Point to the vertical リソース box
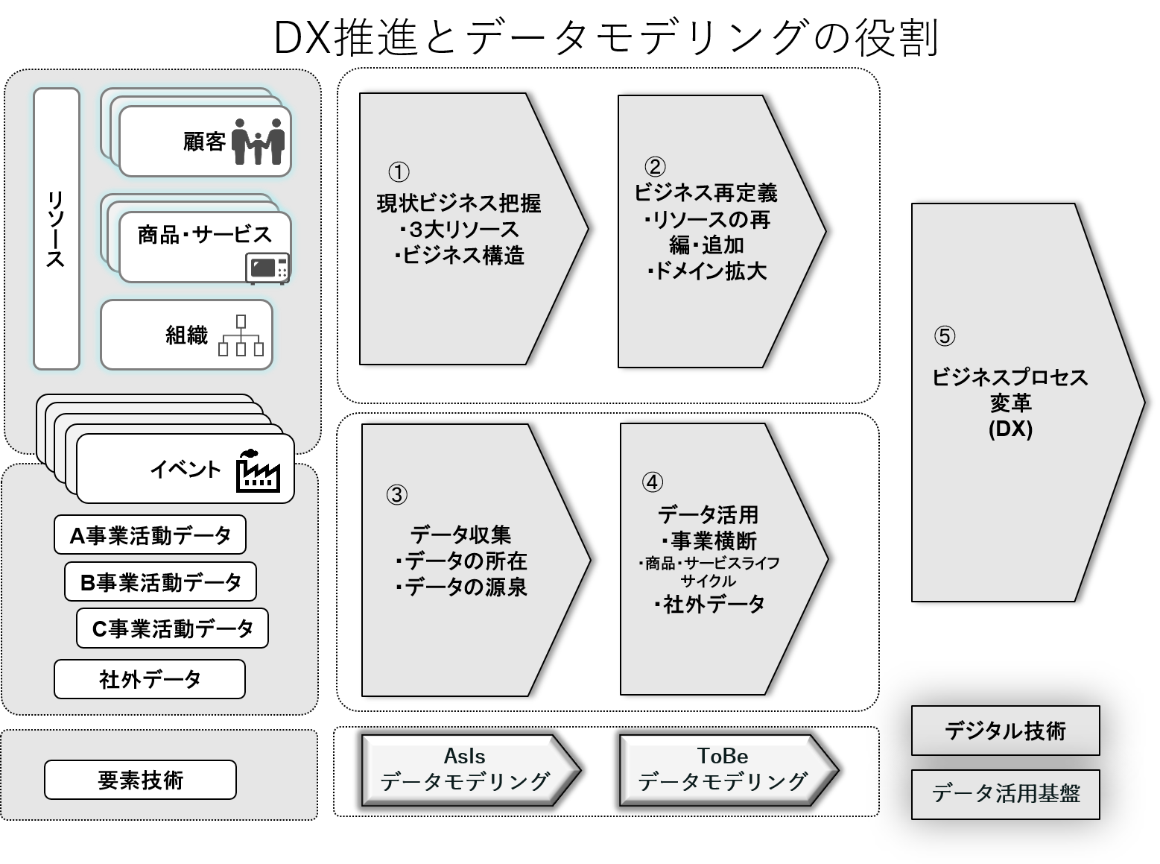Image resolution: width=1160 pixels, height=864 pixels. (57, 229)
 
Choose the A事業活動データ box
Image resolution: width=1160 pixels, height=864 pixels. (150, 535)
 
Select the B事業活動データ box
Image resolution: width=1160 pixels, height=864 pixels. (160, 581)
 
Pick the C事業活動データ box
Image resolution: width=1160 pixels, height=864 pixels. (172, 628)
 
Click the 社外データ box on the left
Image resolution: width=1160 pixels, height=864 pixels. (150, 679)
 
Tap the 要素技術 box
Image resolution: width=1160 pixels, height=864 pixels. (140, 780)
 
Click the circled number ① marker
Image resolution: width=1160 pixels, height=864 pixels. (399, 172)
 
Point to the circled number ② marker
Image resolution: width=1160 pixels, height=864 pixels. (655, 166)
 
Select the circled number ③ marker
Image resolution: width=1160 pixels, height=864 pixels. (396, 494)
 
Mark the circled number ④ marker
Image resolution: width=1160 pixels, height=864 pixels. (652, 482)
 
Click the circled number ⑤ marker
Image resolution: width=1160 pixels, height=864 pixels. (944, 336)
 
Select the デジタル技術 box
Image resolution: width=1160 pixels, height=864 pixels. (1005, 731)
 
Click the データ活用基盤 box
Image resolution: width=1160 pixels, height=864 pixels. (1005, 794)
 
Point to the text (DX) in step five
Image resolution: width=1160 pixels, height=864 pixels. (1010, 429)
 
